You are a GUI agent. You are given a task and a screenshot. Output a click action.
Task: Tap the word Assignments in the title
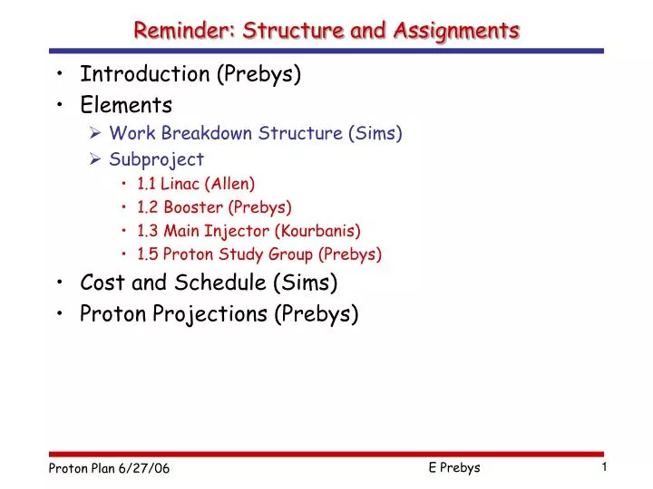tap(456, 31)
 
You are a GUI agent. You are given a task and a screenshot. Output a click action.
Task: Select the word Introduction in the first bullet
tap(145, 74)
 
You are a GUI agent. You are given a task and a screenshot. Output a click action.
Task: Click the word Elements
tap(126, 105)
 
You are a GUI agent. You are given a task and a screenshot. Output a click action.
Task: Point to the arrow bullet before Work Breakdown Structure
tap(95, 133)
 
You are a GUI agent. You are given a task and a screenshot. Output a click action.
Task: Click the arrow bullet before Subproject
tap(95, 158)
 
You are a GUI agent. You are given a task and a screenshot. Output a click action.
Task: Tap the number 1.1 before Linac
tap(146, 184)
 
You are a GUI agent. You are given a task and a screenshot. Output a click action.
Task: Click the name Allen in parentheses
tap(229, 184)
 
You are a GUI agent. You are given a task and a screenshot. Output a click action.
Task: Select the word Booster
tap(193, 207)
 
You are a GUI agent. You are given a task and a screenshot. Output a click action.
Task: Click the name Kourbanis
tap(317, 231)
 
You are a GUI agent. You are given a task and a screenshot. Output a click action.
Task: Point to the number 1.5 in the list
tap(148, 254)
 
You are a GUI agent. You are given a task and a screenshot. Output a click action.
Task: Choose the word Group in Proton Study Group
tap(290, 254)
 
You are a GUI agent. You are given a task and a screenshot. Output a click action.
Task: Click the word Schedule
tap(219, 283)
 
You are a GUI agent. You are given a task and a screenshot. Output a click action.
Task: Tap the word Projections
tap(210, 314)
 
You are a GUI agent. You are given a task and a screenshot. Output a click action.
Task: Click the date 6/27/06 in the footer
tap(144, 469)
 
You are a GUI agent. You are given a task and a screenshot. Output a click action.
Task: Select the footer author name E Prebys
tap(454, 468)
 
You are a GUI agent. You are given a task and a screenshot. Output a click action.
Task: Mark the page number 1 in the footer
tap(604, 467)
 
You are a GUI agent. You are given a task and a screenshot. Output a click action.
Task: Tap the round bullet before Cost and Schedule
tap(60, 282)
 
